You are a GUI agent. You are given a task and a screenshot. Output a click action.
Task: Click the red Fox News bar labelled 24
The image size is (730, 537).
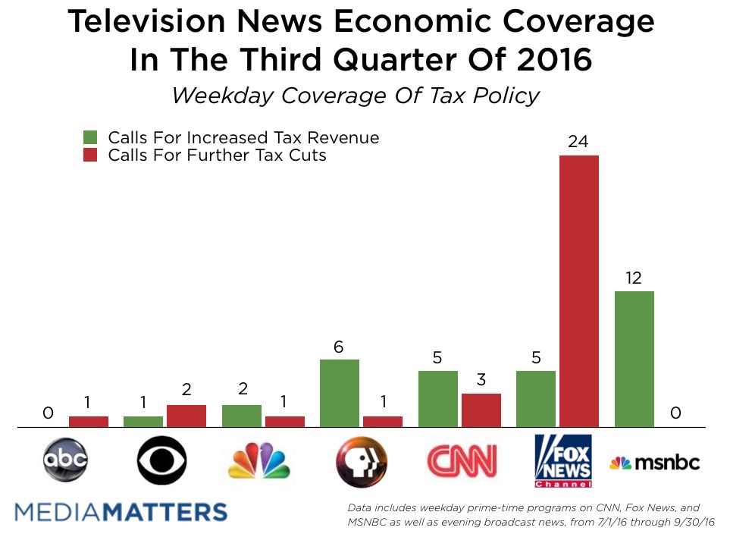pos(578,291)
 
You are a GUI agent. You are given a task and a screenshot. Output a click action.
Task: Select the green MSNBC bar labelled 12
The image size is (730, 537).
pos(634,359)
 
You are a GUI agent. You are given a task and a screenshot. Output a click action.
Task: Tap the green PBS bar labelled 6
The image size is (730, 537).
pos(340,393)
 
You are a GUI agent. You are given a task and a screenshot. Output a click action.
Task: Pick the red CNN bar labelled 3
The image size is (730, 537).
pos(481,410)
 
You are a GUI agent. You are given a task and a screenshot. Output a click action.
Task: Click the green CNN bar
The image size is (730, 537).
pos(437,399)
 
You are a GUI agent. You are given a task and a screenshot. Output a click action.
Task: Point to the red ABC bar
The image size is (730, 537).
pos(89,422)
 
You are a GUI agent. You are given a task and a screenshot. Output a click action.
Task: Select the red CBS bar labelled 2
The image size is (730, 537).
pos(186,416)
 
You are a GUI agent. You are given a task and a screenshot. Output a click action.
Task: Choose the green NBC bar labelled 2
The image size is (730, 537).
pos(241,416)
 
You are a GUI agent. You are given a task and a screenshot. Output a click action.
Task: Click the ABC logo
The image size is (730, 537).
pos(66,460)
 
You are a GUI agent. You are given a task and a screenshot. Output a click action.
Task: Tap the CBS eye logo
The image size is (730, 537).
pos(161,460)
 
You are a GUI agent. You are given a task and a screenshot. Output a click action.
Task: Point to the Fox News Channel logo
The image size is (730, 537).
pos(562,460)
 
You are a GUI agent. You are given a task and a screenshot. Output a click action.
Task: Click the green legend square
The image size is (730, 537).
pos(91,138)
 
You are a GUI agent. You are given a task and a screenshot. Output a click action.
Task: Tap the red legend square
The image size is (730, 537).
pos(91,155)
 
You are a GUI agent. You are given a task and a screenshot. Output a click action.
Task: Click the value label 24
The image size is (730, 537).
pos(578,142)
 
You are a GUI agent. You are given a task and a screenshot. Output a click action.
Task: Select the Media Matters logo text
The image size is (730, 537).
pos(121,511)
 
